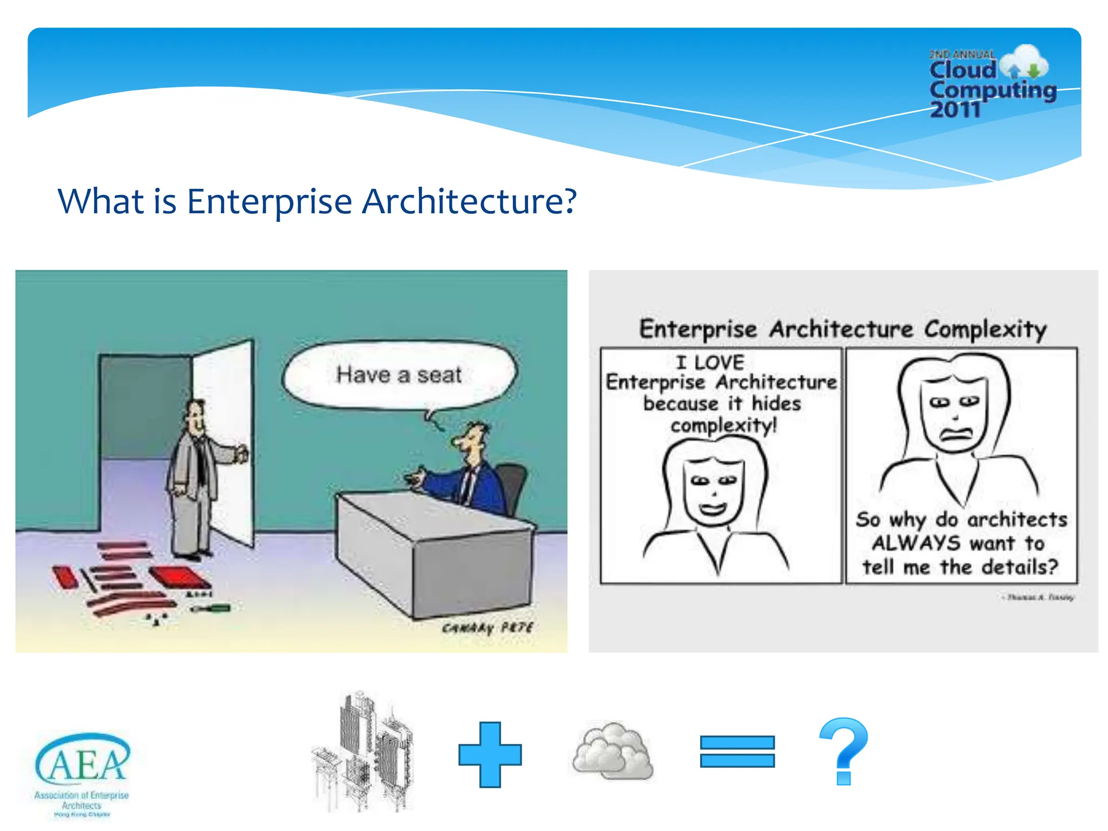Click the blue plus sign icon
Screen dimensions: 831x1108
click(490, 754)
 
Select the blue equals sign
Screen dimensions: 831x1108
click(737, 751)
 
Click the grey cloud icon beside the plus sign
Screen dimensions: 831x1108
click(613, 751)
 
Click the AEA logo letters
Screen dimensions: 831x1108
click(83, 760)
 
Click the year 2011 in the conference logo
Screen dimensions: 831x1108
click(955, 110)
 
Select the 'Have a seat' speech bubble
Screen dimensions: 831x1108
click(399, 375)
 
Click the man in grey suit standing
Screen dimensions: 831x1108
click(195, 476)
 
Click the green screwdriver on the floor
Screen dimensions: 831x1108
click(211, 609)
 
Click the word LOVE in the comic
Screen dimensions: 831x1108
click(719, 362)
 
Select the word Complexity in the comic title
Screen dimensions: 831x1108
click(985, 329)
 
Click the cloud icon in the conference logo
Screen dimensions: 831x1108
click(1024, 63)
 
